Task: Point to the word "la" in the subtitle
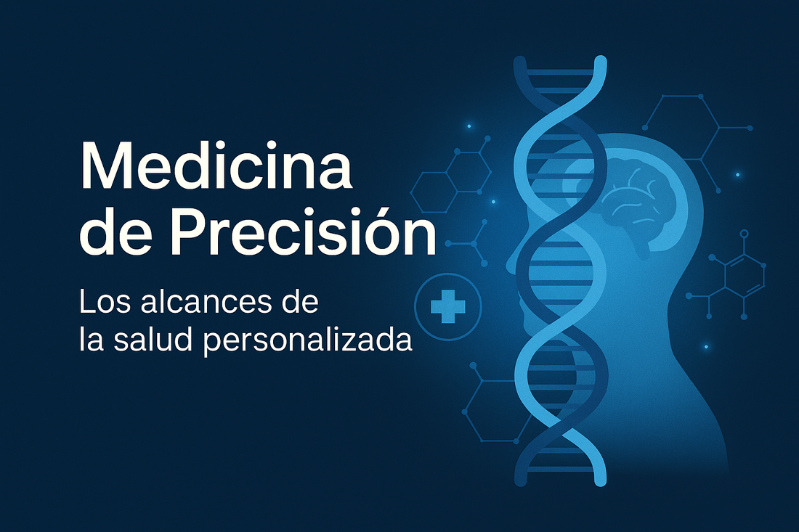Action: [88, 340]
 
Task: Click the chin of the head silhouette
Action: [534, 341]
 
